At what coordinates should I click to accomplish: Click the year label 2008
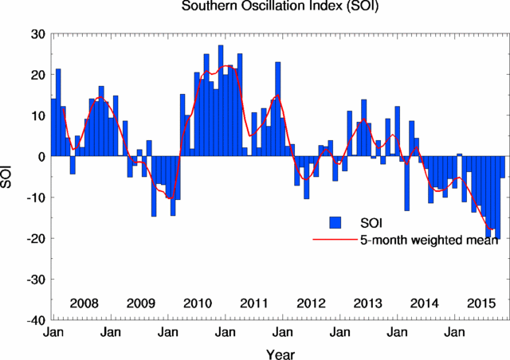(x=84, y=303)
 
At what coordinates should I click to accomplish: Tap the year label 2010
(x=197, y=303)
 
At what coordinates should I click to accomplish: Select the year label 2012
(x=311, y=303)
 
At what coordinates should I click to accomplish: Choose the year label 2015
(x=481, y=303)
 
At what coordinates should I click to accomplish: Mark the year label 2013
(x=368, y=303)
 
